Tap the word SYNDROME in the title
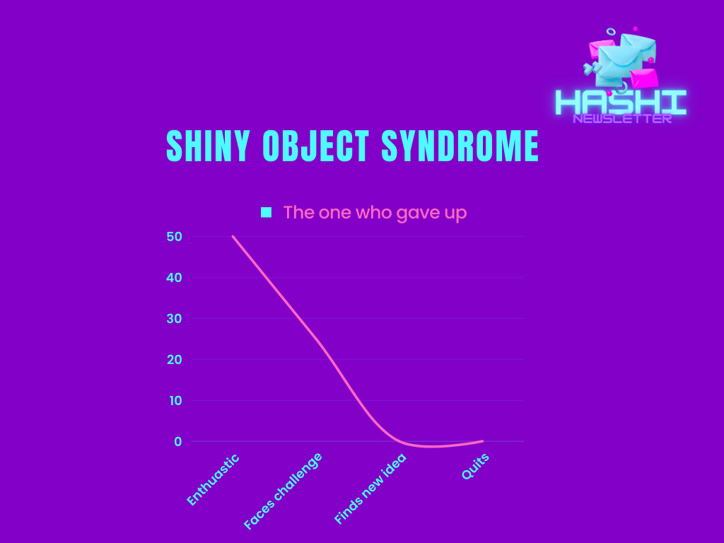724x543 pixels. point(460,146)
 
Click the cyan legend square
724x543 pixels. point(266,212)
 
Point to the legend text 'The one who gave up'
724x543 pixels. point(375,213)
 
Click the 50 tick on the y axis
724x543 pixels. point(174,237)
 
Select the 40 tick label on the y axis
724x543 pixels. point(174,278)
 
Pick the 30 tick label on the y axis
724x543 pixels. point(174,319)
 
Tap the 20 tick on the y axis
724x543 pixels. point(174,360)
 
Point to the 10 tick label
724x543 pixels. point(175,401)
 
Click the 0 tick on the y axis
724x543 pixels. point(177,442)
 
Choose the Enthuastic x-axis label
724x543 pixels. point(213,480)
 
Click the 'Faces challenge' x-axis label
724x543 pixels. point(283,491)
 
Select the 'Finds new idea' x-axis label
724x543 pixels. point(370,489)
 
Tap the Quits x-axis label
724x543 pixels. point(475,467)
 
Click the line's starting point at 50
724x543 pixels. point(233,236)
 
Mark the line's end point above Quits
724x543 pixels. point(482,441)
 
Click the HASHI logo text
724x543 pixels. point(621,102)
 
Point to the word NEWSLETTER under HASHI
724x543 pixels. point(622,119)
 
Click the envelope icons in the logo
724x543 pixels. point(621,59)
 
